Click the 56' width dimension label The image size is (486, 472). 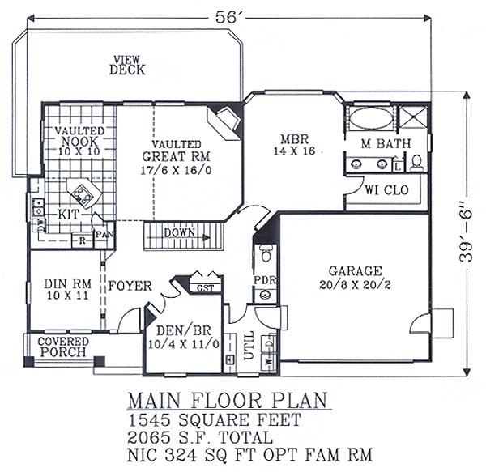226,17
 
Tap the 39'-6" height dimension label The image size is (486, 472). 466,236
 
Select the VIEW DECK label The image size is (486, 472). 127,66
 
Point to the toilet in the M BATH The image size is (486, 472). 417,163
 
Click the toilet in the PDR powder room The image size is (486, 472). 266,253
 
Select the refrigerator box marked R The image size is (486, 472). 82,240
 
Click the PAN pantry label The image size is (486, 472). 104,234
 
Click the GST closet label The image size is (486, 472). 206,288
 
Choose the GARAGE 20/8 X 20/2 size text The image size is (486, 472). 355,285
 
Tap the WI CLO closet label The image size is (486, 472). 386,190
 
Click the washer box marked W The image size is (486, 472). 269,361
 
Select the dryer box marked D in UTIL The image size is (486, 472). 269,343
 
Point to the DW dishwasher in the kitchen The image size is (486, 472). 40,225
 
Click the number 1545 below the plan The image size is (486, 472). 149,420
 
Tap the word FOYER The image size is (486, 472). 130,286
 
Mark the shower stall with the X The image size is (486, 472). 413,117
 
